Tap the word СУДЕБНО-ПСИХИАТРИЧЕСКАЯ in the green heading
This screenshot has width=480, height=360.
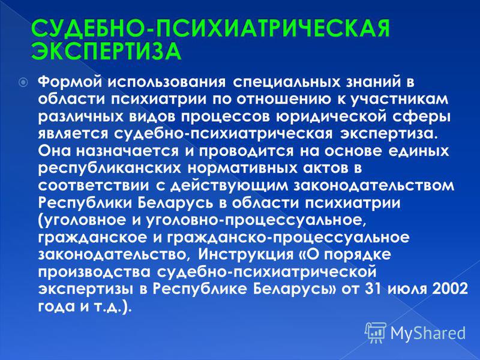pyautogui.click(x=211, y=29)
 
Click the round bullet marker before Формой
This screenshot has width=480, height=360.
pyautogui.click(x=23, y=82)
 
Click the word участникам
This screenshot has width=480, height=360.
pyautogui.click(x=399, y=100)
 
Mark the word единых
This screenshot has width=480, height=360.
pyautogui.click(x=421, y=151)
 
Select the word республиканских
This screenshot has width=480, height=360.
pyautogui.click(x=110, y=169)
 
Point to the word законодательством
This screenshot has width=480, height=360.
pyautogui.click(x=374, y=186)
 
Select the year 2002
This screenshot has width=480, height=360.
pyautogui.click(x=449, y=289)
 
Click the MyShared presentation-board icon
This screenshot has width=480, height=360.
pyautogui.click(x=376, y=333)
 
